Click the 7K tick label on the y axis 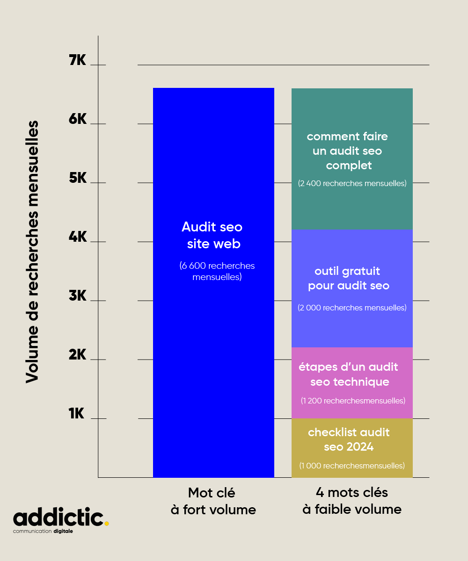[78, 60]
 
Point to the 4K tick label [78, 237]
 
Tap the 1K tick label [76, 414]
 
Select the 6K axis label [78, 119]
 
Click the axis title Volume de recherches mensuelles [32, 252]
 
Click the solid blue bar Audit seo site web [213, 327]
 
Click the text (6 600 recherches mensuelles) [217, 271]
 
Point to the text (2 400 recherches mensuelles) [352, 183]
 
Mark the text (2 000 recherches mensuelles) [352, 308]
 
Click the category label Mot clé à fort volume [213, 501]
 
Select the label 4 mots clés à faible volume [352, 501]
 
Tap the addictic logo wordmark [58, 518]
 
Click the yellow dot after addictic [107, 524]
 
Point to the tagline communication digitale [43, 532]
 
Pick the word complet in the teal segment [349, 165]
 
